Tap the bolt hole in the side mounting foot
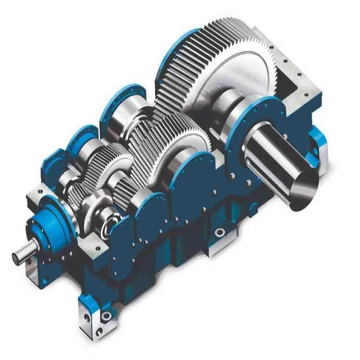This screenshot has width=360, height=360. [x=220, y=232]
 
